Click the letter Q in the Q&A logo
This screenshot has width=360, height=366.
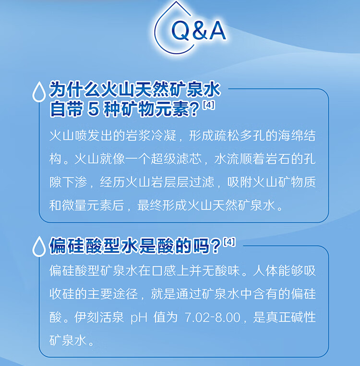click(x=180, y=30)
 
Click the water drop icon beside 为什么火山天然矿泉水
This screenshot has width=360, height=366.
click(x=39, y=92)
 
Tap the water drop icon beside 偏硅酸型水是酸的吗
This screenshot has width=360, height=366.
click(x=39, y=246)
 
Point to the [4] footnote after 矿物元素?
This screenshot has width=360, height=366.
click(x=209, y=105)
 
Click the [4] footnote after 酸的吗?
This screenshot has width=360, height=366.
click(x=229, y=242)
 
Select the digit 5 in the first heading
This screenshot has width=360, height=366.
click(x=94, y=109)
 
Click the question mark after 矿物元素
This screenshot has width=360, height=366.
click(x=194, y=110)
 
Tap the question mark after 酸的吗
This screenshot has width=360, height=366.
click(x=215, y=246)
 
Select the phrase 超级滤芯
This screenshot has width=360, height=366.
click(x=176, y=159)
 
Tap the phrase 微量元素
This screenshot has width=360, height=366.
click(x=86, y=206)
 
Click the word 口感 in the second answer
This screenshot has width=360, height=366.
click(x=164, y=271)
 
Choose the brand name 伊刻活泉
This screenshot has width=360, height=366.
click(x=99, y=317)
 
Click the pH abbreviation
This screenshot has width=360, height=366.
click(x=139, y=318)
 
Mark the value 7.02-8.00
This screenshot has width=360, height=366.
click(x=213, y=317)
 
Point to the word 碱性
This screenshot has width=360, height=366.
click(x=303, y=317)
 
